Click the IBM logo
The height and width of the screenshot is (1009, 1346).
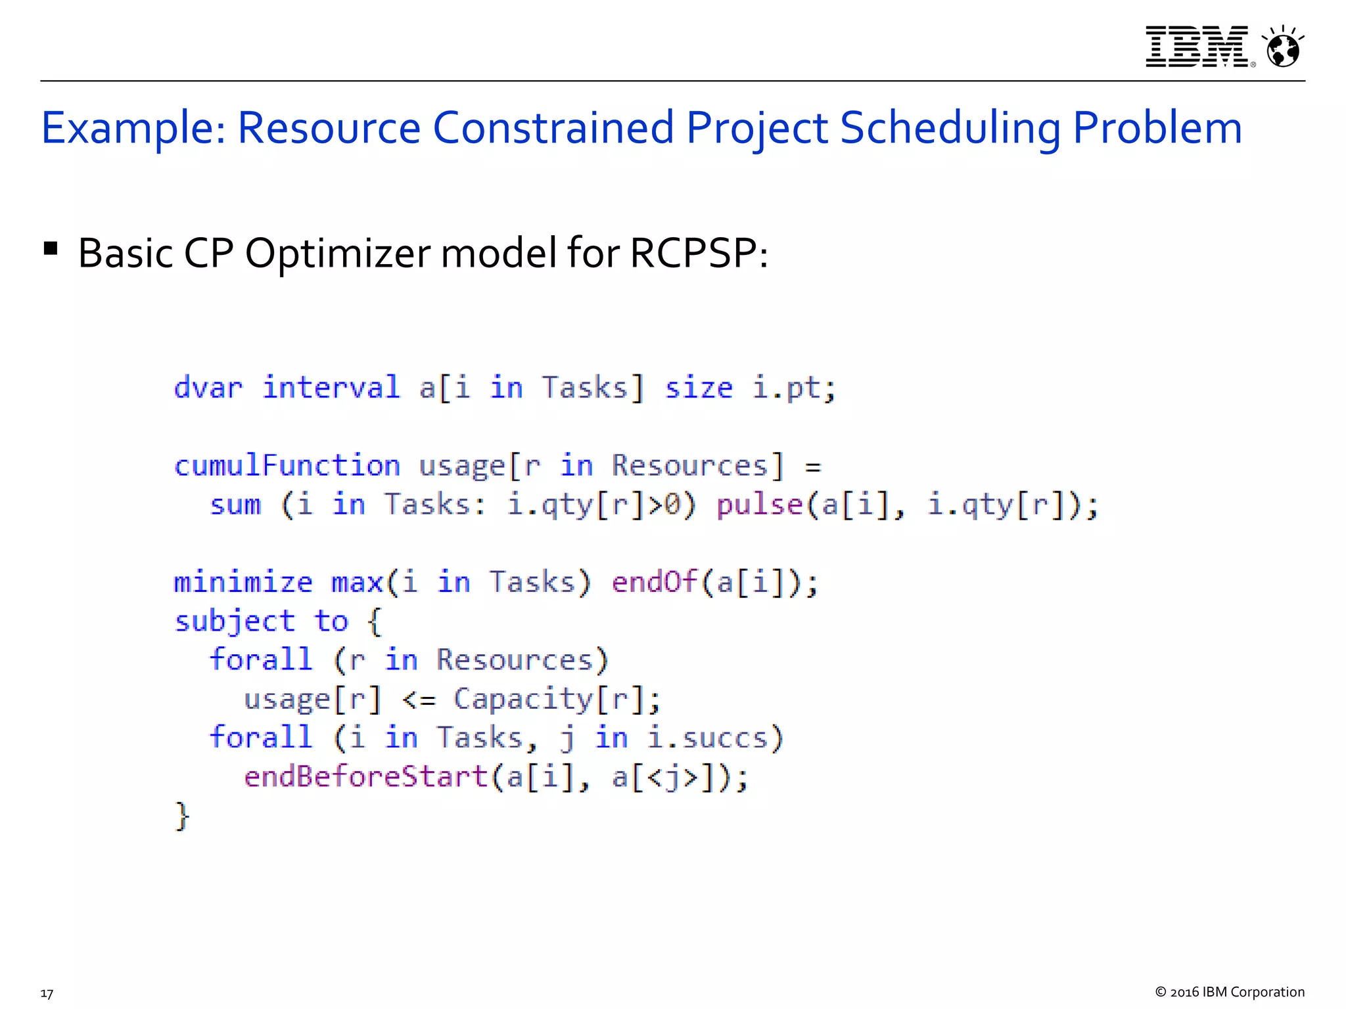point(1197,47)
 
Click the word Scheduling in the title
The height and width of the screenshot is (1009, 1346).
point(950,128)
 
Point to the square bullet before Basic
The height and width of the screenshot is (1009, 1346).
point(51,249)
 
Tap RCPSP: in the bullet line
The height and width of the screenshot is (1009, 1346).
point(699,253)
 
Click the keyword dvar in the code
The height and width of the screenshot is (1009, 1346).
point(208,388)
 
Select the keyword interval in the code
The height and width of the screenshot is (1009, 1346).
point(331,388)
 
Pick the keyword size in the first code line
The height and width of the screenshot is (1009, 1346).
point(698,388)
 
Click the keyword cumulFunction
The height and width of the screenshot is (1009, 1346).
point(287,466)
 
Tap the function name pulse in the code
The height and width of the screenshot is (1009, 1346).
point(759,505)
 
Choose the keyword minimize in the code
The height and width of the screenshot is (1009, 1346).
point(243,583)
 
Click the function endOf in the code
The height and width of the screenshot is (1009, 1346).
point(654,583)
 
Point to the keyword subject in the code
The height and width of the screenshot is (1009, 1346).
point(235,622)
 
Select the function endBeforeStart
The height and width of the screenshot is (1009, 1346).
point(365,776)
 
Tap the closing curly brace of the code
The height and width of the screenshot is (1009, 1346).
point(182,816)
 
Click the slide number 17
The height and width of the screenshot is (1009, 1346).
point(47,993)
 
